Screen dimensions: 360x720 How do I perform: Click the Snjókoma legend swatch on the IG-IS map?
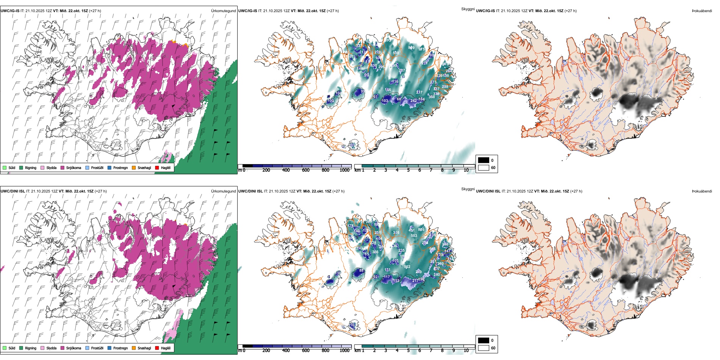(63, 167)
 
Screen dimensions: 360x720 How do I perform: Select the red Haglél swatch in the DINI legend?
(157, 348)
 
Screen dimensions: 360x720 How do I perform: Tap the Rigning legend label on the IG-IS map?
(31, 168)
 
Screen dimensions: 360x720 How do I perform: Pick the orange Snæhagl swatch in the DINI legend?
(134, 348)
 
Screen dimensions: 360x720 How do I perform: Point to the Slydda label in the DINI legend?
(51, 348)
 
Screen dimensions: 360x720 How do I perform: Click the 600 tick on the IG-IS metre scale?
(306, 171)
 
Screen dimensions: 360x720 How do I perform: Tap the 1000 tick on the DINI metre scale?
(344, 351)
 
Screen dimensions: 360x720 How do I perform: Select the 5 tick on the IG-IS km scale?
(409, 171)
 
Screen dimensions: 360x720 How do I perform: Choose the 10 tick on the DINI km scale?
(466, 351)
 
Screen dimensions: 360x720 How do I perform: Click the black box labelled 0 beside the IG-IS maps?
(484, 160)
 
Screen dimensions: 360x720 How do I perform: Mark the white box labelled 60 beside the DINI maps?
(484, 348)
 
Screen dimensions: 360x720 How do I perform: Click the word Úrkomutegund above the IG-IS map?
(223, 11)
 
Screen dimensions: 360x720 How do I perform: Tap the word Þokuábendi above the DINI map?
(702, 191)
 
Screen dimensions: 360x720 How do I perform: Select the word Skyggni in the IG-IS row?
(468, 9)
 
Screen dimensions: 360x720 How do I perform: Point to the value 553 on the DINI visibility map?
(414, 236)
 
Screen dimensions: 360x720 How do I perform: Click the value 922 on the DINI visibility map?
(407, 267)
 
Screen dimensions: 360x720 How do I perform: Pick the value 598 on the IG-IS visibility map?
(396, 53)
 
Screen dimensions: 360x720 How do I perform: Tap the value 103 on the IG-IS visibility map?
(385, 101)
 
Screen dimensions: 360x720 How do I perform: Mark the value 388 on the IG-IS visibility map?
(432, 97)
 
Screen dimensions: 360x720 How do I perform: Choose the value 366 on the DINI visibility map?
(375, 252)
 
